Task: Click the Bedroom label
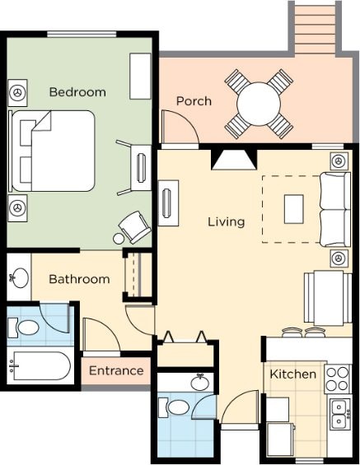pos(77,92)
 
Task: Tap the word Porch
pos(194,101)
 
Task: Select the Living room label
pos(227,222)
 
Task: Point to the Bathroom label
pos(79,279)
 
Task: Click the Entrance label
pos(116,370)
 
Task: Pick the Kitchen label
pos(293,374)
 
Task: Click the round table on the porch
pos(259,104)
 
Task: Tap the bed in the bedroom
pos(52,151)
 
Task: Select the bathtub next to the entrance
pos(40,365)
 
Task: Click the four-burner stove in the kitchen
pos(337,379)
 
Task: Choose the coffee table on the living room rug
pos(294,209)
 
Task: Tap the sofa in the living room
pos(335,209)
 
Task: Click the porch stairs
pos(316,28)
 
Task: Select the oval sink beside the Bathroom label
pos(20,278)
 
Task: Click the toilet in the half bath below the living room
pos(174,407)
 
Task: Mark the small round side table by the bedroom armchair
pos(118,239)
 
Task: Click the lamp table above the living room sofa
pos(339,161)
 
